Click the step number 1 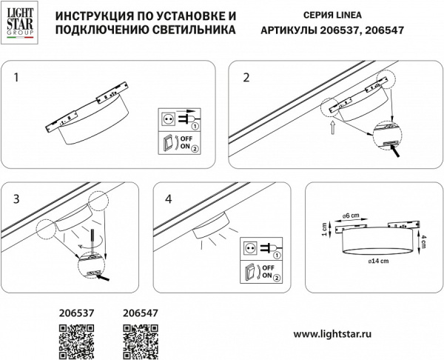[x=17, y=77]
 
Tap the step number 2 [x=246, y=77]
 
